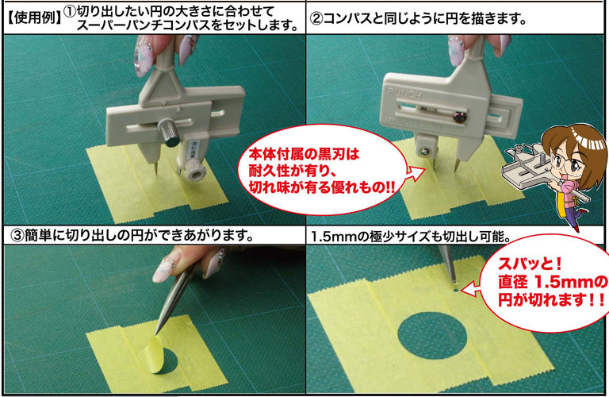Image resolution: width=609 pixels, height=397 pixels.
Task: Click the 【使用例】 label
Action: pos(34,17)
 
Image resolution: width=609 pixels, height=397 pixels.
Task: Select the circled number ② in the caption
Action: pos(316,18)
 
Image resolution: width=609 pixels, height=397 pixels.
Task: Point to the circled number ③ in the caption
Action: pos(17,235)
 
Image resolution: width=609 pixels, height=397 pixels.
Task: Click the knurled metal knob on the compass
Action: pos(168,132)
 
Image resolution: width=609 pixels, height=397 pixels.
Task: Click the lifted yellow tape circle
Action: pos(152,354)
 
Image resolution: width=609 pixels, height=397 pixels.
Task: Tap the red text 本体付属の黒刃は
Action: pos(304,155)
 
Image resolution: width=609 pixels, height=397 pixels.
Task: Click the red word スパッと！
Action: pos(530,264)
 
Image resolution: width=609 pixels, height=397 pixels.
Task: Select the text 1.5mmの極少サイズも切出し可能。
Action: pos(412,236)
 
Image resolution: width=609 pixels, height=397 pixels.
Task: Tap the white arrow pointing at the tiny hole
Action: pos(470,290)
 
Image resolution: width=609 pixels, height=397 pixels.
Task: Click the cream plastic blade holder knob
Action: pos(193,170)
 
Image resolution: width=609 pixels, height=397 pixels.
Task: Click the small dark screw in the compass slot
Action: pos(460,117)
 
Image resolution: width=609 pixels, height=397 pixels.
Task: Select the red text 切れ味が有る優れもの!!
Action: pos(322,188)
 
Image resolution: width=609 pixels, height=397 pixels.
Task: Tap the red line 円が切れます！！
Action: pos(552,300)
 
